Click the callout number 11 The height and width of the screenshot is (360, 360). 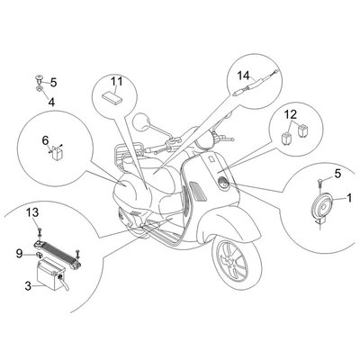117,82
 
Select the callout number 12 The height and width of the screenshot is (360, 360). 291,114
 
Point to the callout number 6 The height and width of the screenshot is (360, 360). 45,139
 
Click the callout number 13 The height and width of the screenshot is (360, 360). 32,212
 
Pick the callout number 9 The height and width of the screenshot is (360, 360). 19,254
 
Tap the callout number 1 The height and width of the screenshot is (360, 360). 348,198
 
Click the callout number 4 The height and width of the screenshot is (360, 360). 51,103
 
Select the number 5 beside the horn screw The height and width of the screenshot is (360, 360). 337,174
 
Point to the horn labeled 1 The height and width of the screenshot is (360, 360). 322,207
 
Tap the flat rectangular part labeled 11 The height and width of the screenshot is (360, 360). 112,98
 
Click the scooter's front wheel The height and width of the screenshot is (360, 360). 232,257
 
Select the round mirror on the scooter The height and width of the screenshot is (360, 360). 141,121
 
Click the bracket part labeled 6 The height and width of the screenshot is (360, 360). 57,151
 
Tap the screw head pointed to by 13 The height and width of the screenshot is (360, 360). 40,229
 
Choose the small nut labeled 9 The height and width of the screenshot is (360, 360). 39,255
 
